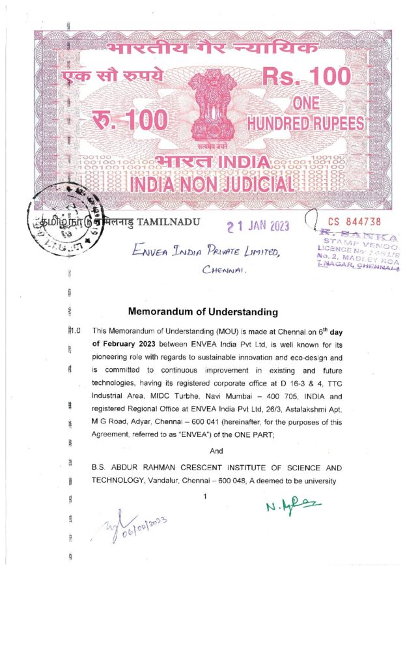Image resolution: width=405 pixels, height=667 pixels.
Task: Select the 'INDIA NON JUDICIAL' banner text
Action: click(x=212, y=184)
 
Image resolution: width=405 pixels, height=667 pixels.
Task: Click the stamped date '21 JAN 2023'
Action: click(x=257, y=226)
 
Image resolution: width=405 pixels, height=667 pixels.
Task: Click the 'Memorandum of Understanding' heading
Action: click(x=203, y=312)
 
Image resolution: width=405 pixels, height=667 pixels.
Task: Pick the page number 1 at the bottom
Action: click(x=205, y=496)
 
